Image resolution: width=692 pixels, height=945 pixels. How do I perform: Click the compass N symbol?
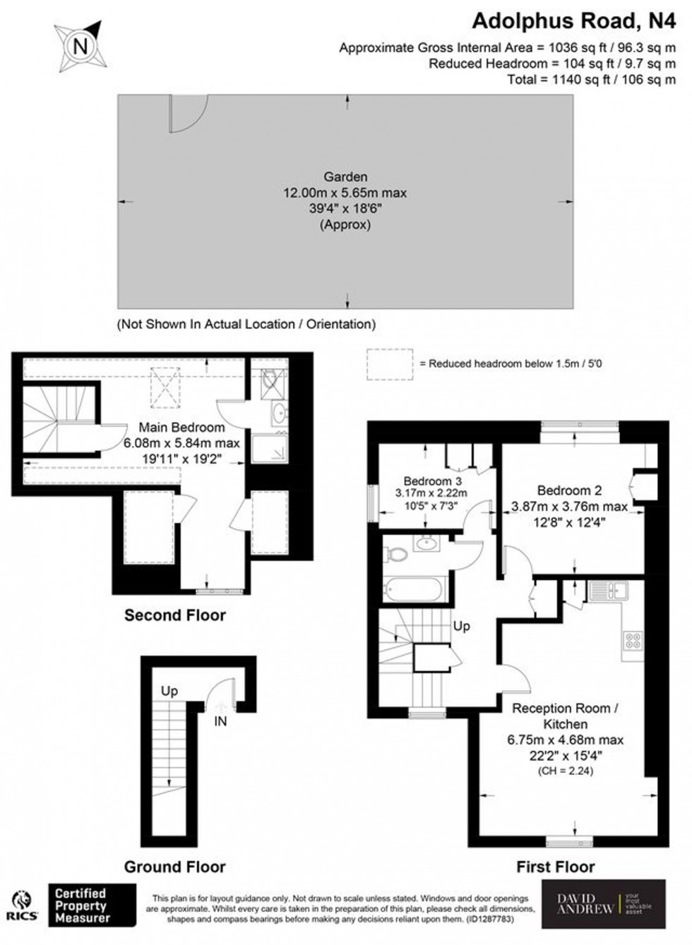pyautogui.click(x=80, y=47)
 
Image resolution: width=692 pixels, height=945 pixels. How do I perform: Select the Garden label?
pyautogui.click(x=345, y=177)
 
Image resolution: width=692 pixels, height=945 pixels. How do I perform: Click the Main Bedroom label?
pyautogui.click(x=181, y=427)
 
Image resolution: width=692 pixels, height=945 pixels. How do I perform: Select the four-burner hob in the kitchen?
pyautogui.click(x=633, y=641)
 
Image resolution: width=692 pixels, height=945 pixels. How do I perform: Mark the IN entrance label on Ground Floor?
pyautogui.click(x=221, y=721)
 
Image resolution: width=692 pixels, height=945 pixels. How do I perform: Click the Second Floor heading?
pyautogui.click(x=175, y=615)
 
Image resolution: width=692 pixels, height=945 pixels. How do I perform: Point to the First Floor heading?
pyautogui.click(x=556, y=867)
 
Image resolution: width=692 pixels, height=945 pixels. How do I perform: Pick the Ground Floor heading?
pyautogui.click(x=175, y=867)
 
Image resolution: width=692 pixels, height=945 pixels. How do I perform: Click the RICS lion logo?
pyautogui.click(x=23, y=906)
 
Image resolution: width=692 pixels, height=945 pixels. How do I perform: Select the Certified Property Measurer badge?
pyautogui.click(x=91, y=906)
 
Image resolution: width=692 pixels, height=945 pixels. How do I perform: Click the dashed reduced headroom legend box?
pyautogui.click(x=390, y=363)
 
